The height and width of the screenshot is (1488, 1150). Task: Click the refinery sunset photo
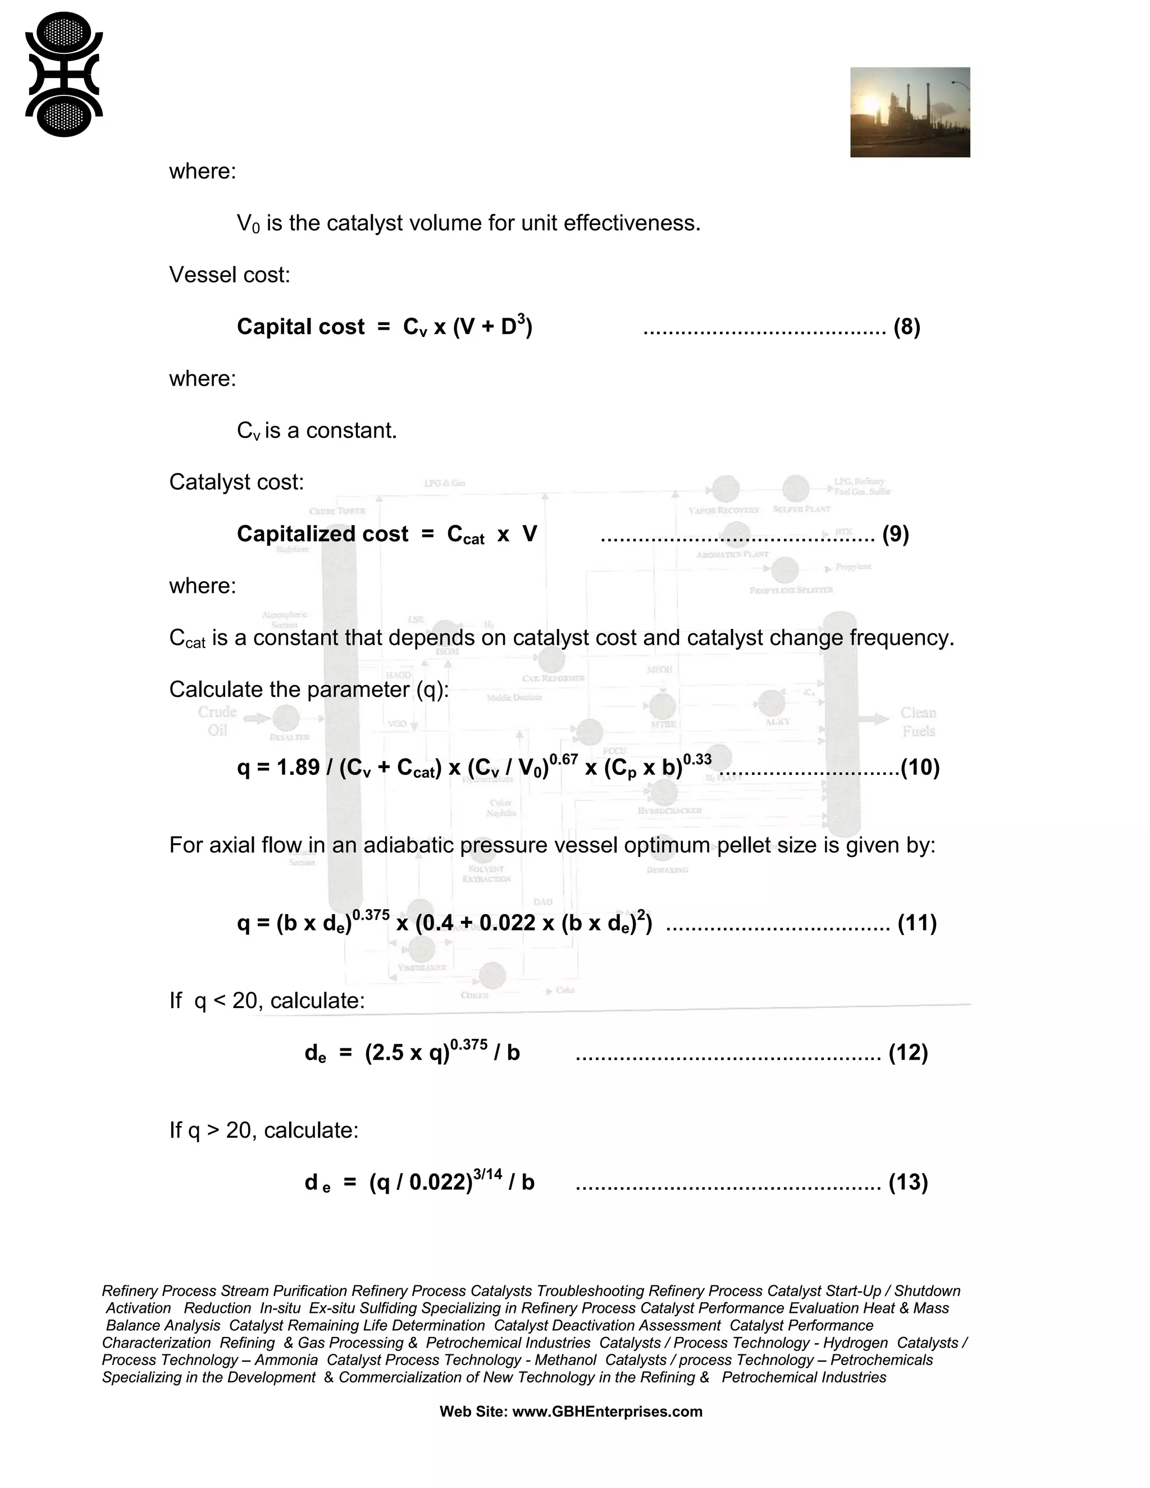click(x=910, y=112)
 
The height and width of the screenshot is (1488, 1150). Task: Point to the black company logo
click(x=63, y=74)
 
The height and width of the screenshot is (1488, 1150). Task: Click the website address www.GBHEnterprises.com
click(x=606, y=1411)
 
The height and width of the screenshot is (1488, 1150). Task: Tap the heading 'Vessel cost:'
click(x=230, y=275)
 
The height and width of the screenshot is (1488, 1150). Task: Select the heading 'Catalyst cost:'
click(x=236, y=482)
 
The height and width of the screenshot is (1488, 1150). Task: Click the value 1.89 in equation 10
click(x=298, y=768)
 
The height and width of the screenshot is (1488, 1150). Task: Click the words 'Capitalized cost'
click(x=322, y=534)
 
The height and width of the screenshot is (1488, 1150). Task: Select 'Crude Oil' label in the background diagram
click(x=217, y=721)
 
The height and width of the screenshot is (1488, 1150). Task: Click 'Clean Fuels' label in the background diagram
click(x=918, y=722)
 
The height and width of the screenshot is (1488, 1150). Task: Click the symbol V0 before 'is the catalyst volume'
click(x=248, y=223)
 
